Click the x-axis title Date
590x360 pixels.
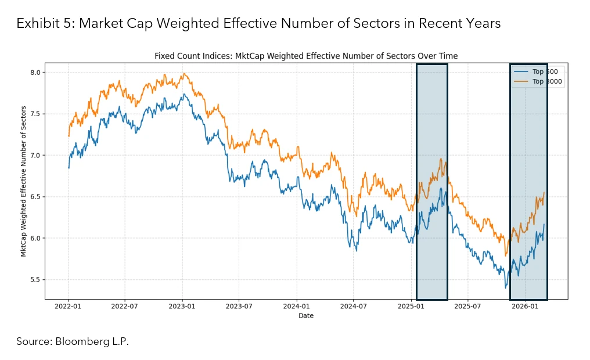point(306,316)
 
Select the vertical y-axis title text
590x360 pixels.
point(24,181)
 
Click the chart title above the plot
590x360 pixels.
point(306,56)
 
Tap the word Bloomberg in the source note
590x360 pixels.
point(81,341)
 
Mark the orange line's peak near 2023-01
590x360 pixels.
point(184,74)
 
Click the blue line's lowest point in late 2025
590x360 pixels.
point(505,287)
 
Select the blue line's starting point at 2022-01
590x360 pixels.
point(69,168)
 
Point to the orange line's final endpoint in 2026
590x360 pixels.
point(544,193)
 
